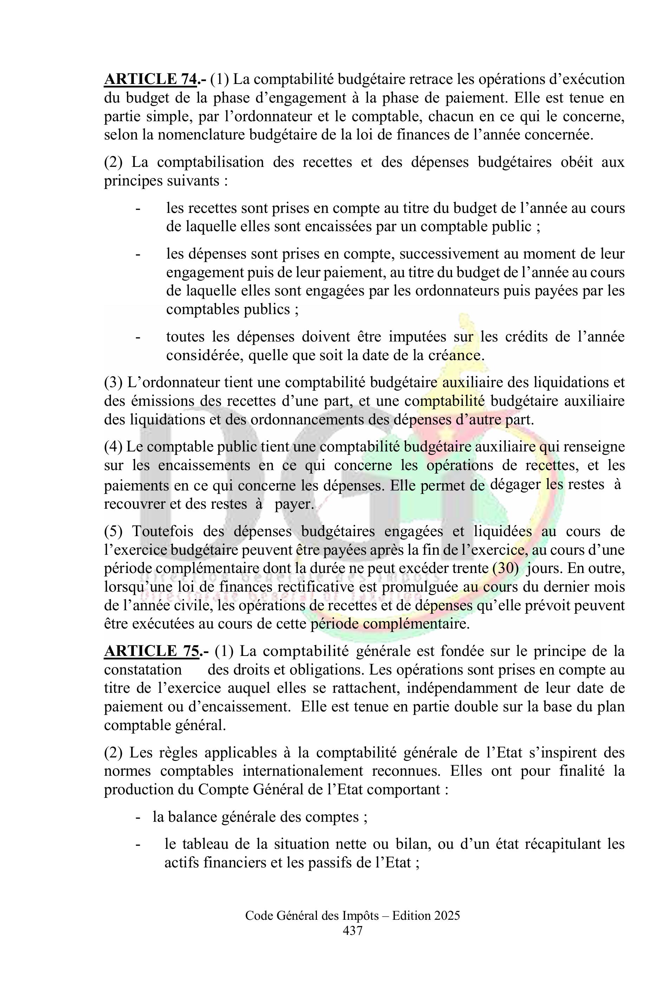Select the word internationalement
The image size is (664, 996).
pyautogui.click(x=303, y=771)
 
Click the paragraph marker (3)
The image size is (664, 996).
pyautogui.click(x=113, y=382)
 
